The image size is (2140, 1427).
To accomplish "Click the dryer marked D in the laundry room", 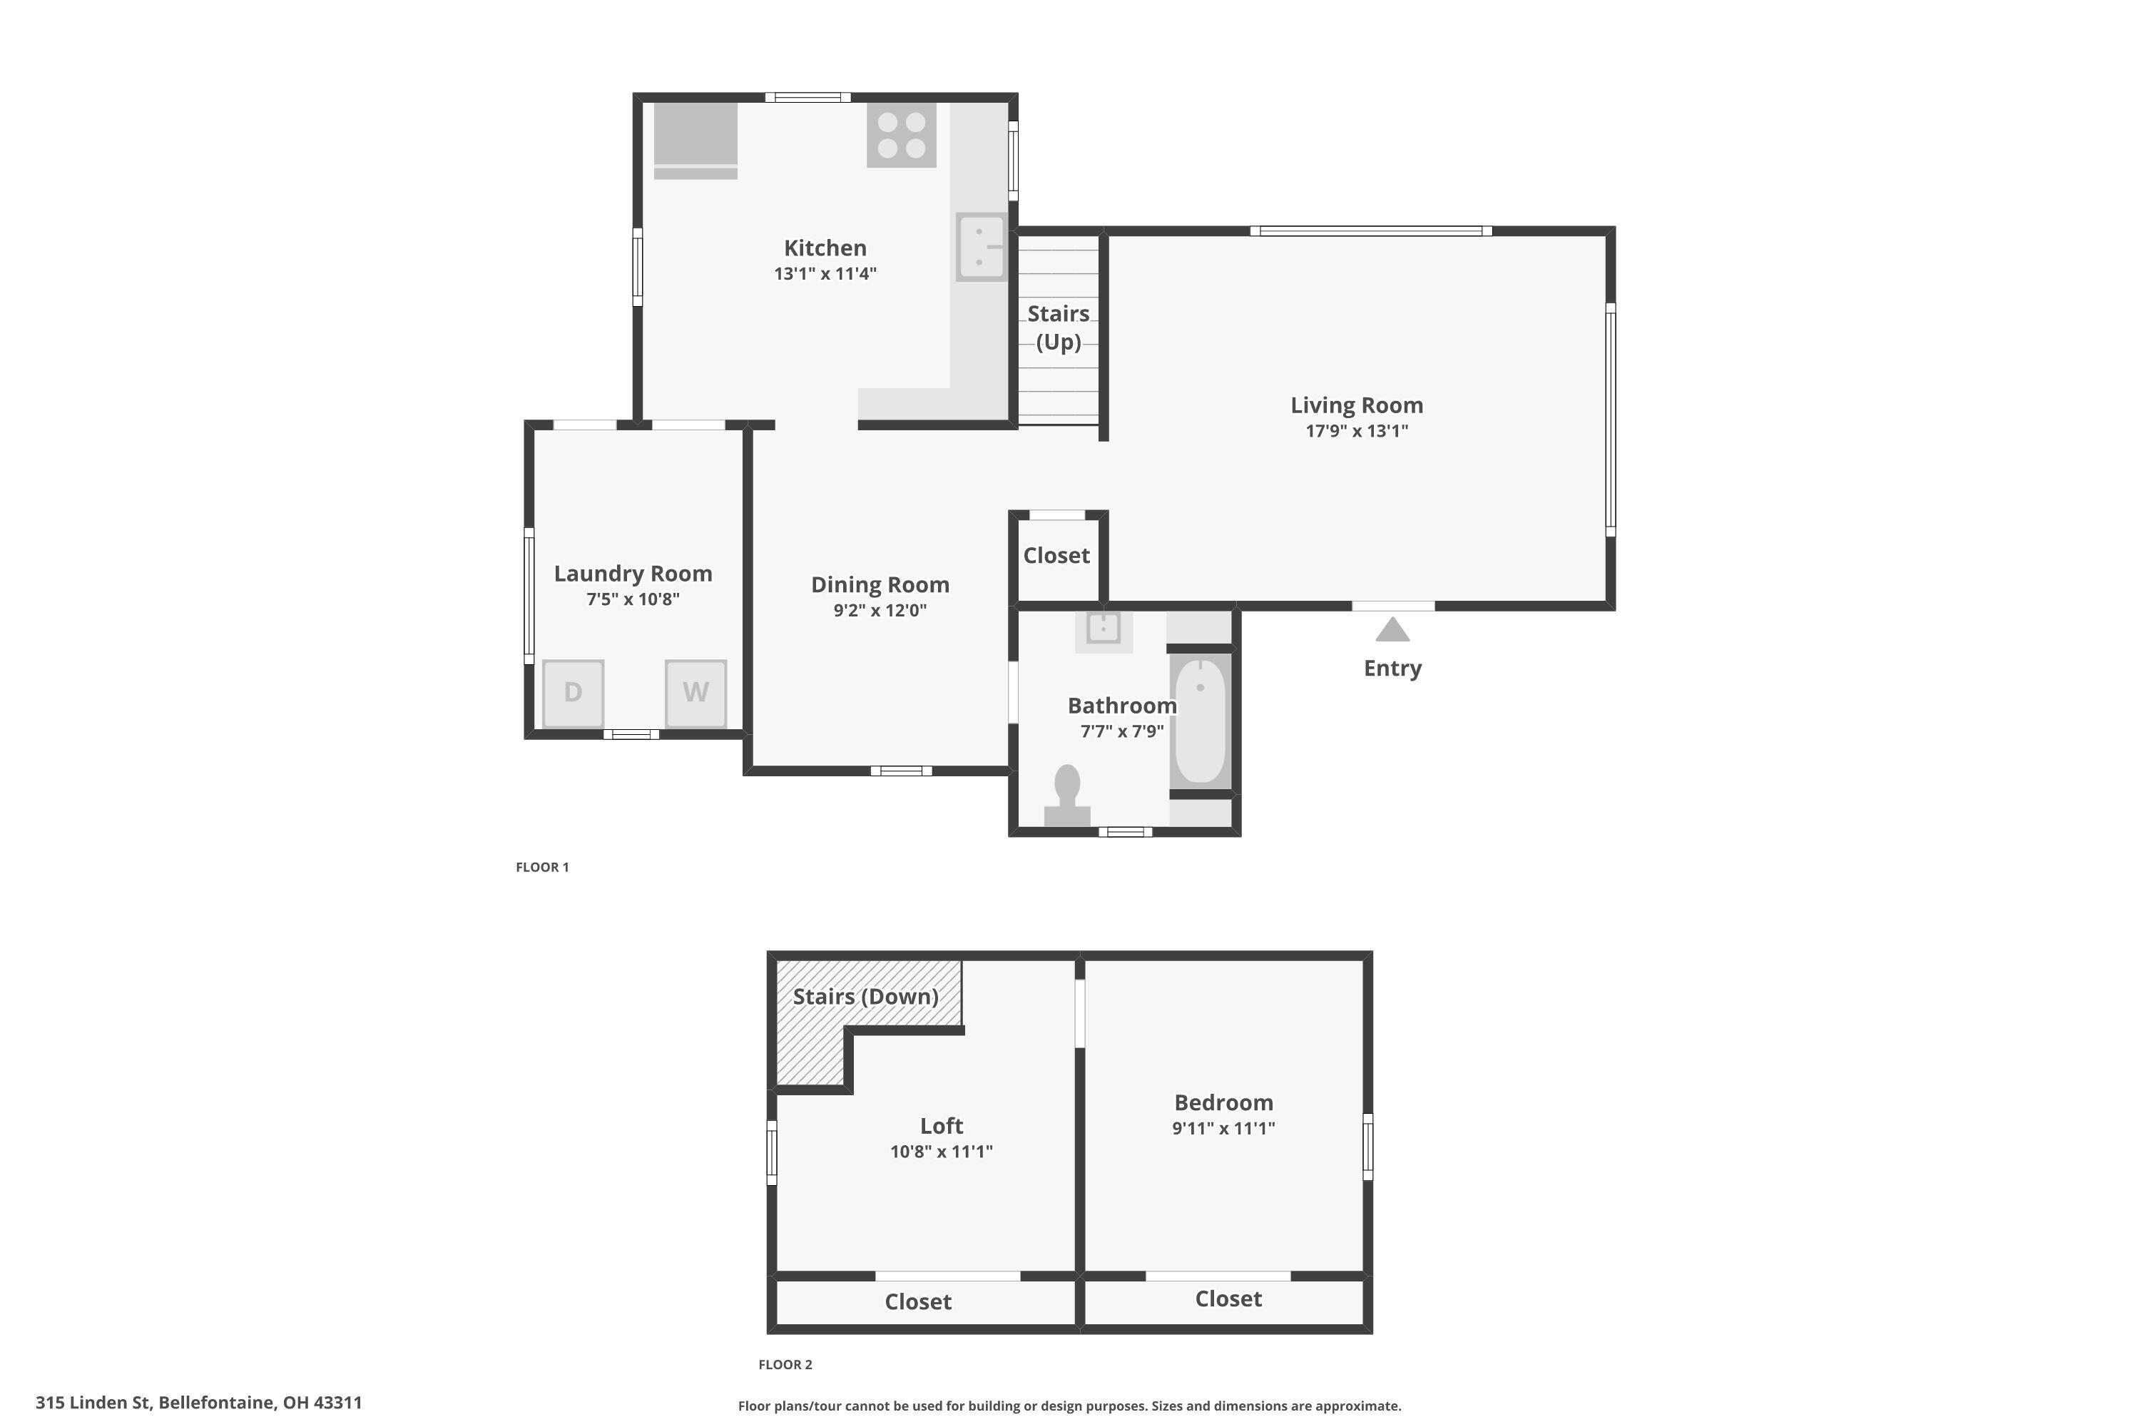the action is pyautogui.click(x=574, y=694).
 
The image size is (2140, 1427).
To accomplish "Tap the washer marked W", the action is pyautogui.click(x=696, y=694).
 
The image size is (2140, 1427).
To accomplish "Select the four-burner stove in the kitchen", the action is pyautogui.click(x=902, y=135).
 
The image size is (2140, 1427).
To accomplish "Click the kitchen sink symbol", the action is pyautogui.click(x=982, y=247).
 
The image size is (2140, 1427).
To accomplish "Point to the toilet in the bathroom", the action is pyautogui.click(x=1067, y=796).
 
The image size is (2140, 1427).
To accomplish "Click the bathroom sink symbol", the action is pyautogui.click(x=1104, y=631).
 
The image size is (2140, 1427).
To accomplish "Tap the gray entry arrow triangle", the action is pyautogui.click(x=1392, y=630).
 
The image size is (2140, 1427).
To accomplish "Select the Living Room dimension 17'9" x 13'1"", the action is pyautogui.click(x=1357, y=432).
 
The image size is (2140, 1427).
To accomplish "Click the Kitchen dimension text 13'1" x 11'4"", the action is pyautogui.click(x=825, y=274).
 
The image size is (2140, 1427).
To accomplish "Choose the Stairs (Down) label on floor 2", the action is pyautogui.click(x=865, y=997).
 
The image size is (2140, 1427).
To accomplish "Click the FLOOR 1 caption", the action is pyautogui.click(x=542, y=868).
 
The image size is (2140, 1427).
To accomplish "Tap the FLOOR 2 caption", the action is pyautogui.click(x=785, y=1364).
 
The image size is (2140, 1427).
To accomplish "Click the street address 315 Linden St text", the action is pyautogui.click(x=93, y=1403).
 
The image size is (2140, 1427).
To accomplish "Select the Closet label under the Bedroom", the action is pyautogui.click(x=1228, y=1299).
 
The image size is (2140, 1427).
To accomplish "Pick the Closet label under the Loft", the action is pyautogui.click(x=918, y=1301).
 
